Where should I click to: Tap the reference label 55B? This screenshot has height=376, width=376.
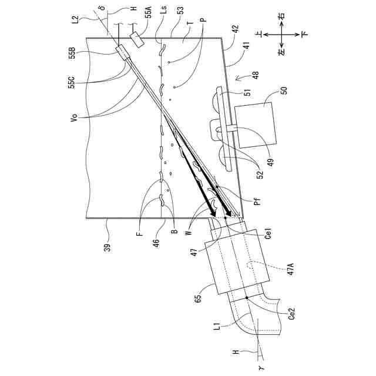[x=72, y=52]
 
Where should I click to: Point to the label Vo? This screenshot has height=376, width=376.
[x=72, y=117]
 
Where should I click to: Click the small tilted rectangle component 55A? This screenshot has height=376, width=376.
[x=139, y=39]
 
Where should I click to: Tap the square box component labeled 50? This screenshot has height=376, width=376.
[x=254, y=125]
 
